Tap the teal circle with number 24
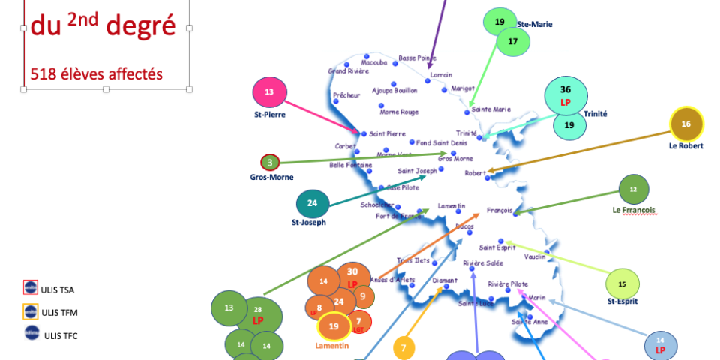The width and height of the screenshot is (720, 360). pyautogui.click(x=313, y=203)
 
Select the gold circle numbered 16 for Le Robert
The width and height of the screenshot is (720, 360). pyautogui.click(x=685, y=124)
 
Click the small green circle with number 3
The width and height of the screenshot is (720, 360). pyautogui.click(x=270, y=162)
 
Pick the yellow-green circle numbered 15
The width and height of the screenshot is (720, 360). pyautogui.click(x=622, y=283)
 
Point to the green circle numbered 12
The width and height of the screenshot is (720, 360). pyautogui.click(x=634, y=190)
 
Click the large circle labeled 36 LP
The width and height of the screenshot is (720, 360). pyautogui.click(x=565, y=95)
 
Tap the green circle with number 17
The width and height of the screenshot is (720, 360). pyautogui.click(x=513, y=42)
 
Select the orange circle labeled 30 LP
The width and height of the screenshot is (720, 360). pyautogui.click(x=352, y=277)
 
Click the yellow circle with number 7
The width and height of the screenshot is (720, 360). pyautogui.click(x=403, y=347)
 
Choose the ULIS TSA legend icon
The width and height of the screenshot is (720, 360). pyautogui.click(x=31, y=287)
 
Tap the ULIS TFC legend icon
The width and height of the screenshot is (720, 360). pyautogui.click(x=31, y=334)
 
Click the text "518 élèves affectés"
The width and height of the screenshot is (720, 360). pyautogui.click(x=97, y=73)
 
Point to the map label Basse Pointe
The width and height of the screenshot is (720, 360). pyautogui.click(x=417, y=58)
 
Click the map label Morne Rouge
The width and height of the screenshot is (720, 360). pyautogui.click(x=399, y=112)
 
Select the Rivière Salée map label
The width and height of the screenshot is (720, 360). pyautogui.click(x=483, y=262)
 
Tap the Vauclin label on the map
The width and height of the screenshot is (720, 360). pyautogui.click(x=535, y=256)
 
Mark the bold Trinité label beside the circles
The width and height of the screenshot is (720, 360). pyautogui.click(x=594, y=114)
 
